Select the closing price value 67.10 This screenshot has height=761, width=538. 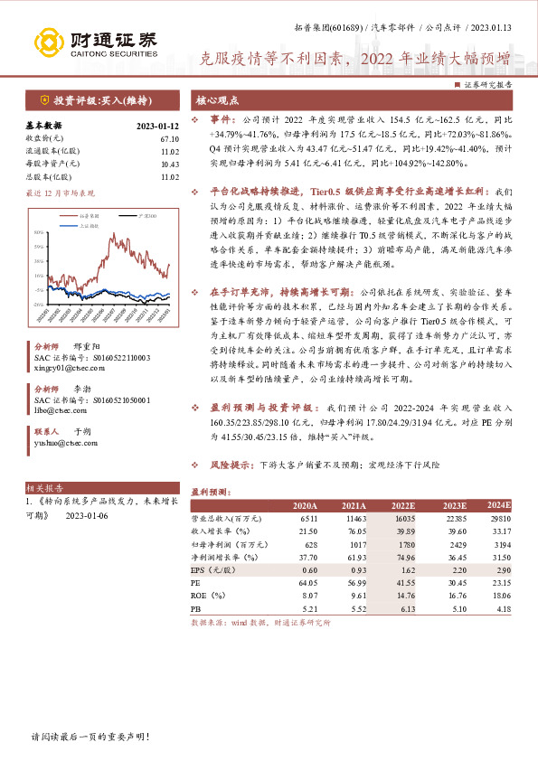(169, 138)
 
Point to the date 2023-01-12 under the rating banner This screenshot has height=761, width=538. (157, 126)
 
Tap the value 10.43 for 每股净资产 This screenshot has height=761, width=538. (169, 164)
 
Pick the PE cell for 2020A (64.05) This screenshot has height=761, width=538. (306, 584)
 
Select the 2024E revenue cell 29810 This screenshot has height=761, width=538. (498, 519)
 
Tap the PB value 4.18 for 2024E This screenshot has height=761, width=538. (501, 610)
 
